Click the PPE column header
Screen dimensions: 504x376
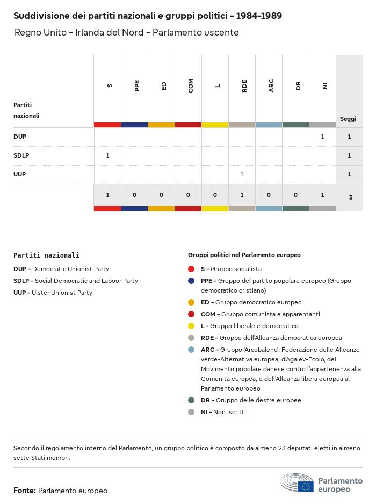[137, 86]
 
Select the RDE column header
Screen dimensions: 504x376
[244, 86]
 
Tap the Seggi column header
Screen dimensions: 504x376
[348, 119]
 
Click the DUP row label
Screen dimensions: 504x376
[20, 137]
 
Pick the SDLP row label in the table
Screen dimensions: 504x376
[21, 155]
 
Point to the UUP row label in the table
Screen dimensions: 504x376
[20, 174]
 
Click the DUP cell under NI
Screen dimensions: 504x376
[322, 137]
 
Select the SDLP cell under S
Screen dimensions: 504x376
[107, 155]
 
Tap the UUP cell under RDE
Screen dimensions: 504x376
[242, 174]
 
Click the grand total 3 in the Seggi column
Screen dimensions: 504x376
[350, 197]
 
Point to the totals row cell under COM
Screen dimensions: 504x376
[188, 195]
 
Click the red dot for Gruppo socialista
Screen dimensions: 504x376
[191, 269]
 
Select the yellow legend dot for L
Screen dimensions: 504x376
[191, 326]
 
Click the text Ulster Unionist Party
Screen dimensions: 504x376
[62, 293]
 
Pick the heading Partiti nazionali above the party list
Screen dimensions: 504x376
[46, 255]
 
